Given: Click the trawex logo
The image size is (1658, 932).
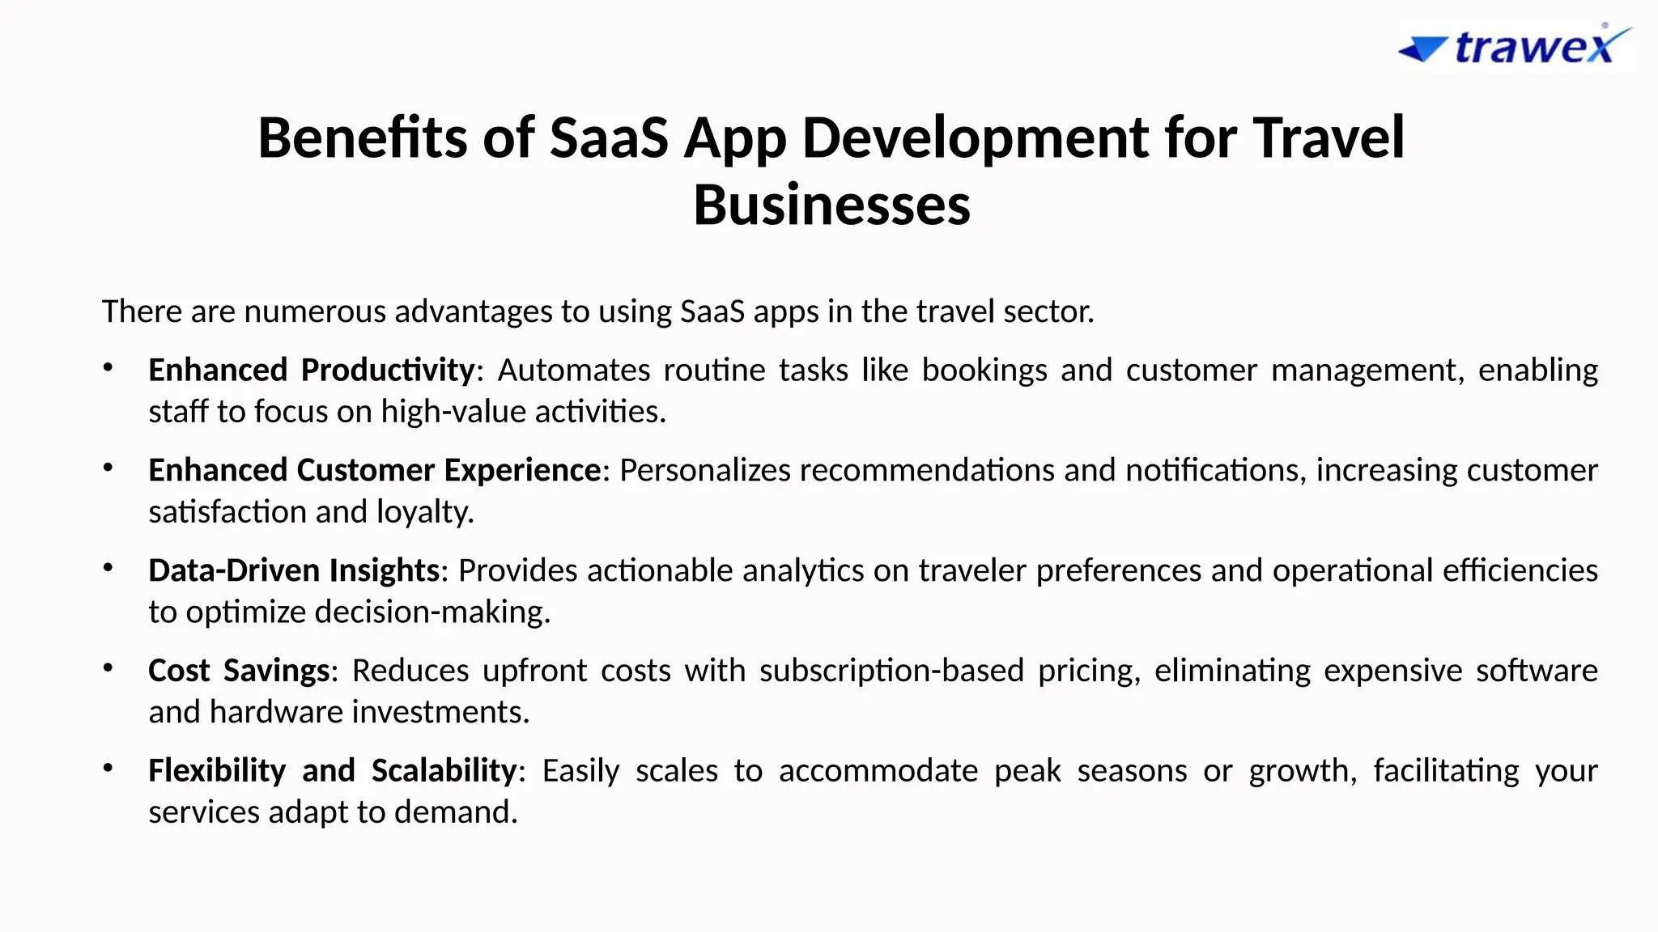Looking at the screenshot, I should (x=1516, y=46).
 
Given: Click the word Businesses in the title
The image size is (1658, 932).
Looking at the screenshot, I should (x=831, y=205).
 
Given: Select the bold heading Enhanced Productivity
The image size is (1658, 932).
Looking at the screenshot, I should (x=311, y=370).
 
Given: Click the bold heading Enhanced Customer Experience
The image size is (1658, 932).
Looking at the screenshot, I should (x=375, y=470).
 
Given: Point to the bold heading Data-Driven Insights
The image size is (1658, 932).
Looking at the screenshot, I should (x=294, y=570).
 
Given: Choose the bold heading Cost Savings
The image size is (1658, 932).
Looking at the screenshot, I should (x=239, y=671).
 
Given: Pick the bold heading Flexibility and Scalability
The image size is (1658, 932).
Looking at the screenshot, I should (x=332, y=770).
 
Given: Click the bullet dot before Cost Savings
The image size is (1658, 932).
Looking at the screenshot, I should (x=108, y=667).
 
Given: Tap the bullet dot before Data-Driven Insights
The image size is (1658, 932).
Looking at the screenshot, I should (x=108, y=567).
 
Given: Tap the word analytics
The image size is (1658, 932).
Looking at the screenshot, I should (x=803, y=570).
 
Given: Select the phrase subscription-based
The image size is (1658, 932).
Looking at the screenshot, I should (x=891, y=671).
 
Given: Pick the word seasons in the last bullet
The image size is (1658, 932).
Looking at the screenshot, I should (x=1131, y=770).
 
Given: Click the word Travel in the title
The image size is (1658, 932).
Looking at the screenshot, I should (x=1328, y=138).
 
